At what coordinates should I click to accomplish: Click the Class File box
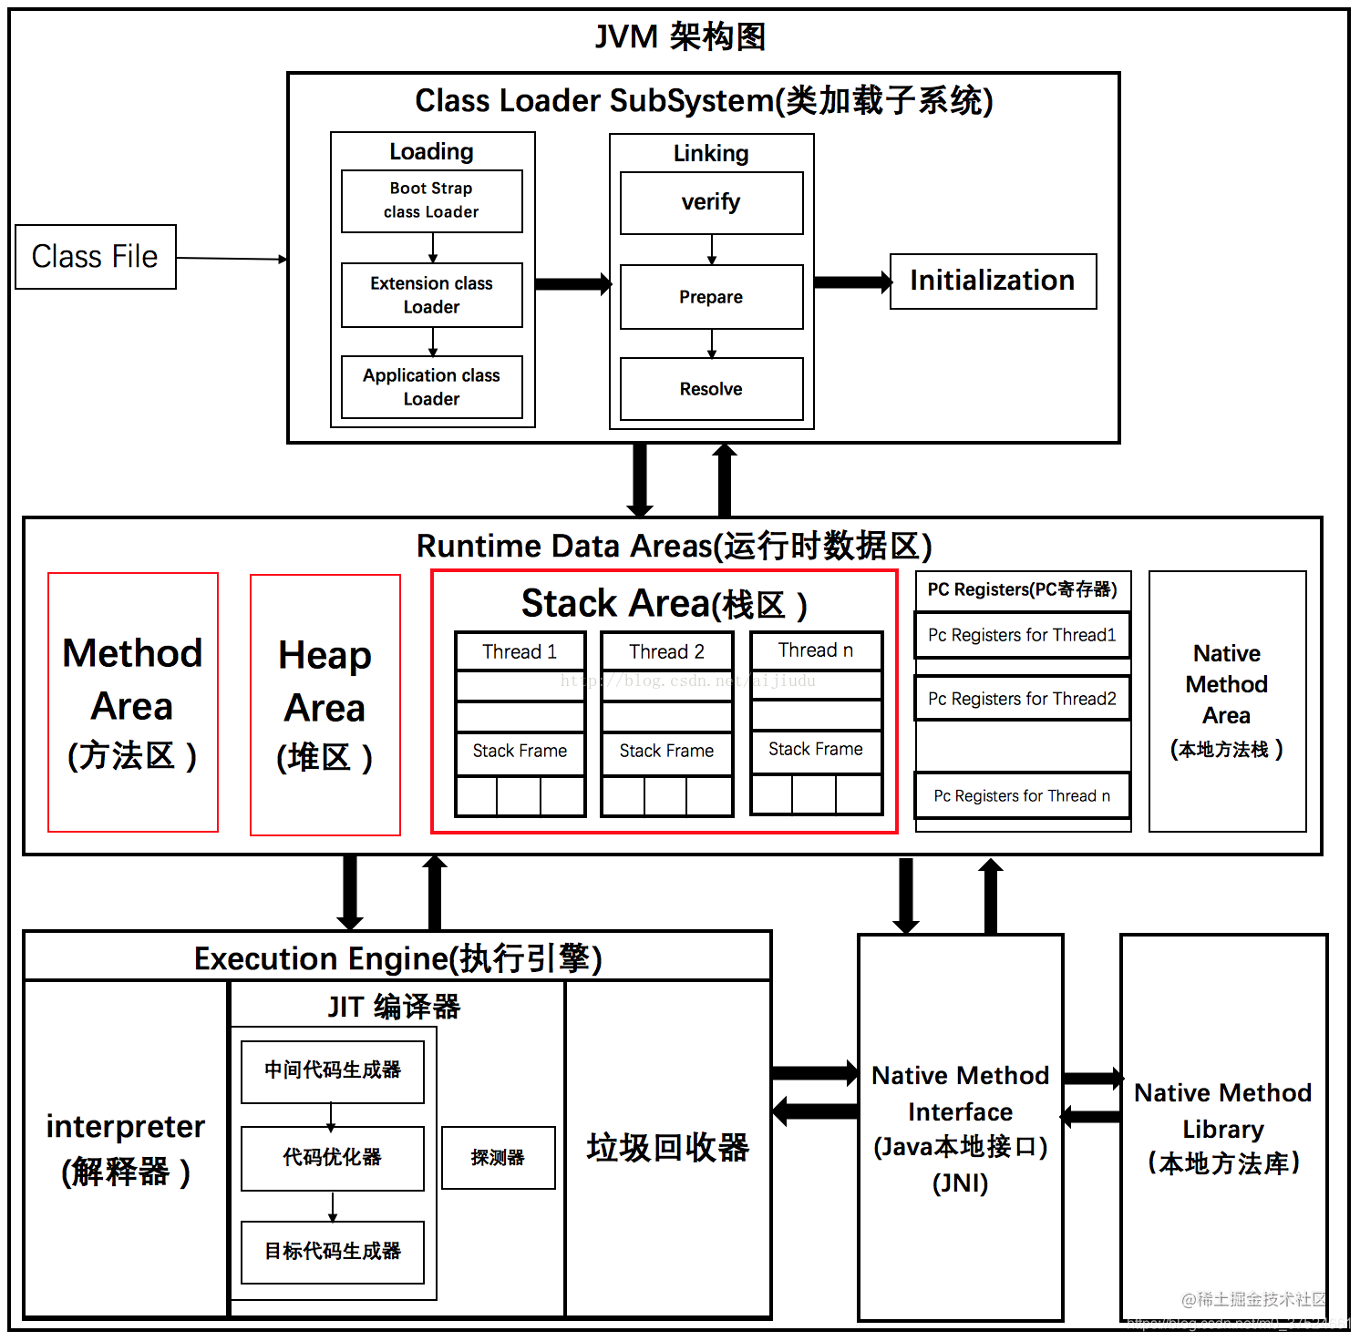click(96, 257)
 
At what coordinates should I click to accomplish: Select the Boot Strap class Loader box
click(431, 200)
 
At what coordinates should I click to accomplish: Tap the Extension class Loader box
click(431, 295)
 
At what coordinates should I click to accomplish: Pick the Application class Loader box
click(431, 387)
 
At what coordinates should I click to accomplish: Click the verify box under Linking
click(711, 202)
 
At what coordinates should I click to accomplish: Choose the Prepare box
click(711, 297)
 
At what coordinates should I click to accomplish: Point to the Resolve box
click(711, 389)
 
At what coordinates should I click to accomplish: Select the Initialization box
click(993, 281)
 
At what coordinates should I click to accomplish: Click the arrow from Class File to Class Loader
click(232, 259)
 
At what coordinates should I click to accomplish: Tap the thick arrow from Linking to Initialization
click(852, 282)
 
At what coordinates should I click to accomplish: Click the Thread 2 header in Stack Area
click(666, 651)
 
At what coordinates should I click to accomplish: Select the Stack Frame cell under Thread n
click(816, 750)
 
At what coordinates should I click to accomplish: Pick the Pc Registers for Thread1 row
click(1022, 635)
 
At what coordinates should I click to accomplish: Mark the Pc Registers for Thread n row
click(1022, 796)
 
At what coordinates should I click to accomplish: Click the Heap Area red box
click(325, 704)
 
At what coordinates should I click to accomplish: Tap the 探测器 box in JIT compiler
click(498, 1158)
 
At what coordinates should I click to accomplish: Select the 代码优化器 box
click(333, 1158)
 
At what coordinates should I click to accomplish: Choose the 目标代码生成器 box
click(333, 1252)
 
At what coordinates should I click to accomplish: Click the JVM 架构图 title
click(680, 37)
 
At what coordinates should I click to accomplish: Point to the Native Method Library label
click(1223, 1128)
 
